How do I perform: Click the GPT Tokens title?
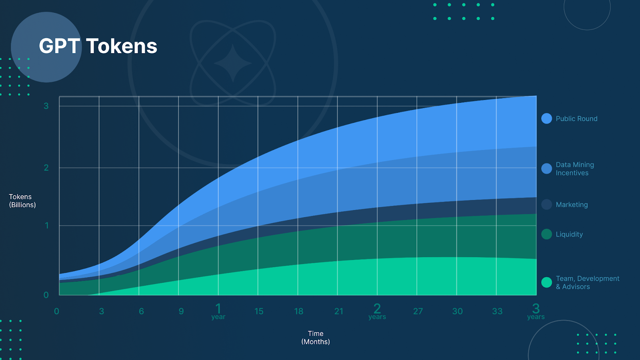(98, 46)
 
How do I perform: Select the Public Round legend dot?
(546, 118)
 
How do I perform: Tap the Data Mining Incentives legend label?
(574, 169)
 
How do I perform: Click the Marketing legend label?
(572, 204)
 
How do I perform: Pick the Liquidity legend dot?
(546, 234)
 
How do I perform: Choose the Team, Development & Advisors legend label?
(588, 282)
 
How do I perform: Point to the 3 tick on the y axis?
(46, 106)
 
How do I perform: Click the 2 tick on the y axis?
(46, 168)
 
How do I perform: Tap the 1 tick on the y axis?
(46, 226)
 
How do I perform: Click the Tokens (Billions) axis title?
(22, 201)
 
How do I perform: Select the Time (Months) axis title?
(316, 338)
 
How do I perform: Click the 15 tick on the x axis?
(259, 311)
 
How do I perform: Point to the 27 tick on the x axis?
(418, 311)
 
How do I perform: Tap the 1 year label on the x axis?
(218, 312)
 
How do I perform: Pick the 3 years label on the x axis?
(536, 312)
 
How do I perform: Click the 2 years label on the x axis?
(377, 312)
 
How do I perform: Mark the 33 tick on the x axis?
(497, 311)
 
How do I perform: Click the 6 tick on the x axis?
(141, 311)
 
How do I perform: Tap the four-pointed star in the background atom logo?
(233, 63)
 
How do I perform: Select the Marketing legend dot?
(546, 204)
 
